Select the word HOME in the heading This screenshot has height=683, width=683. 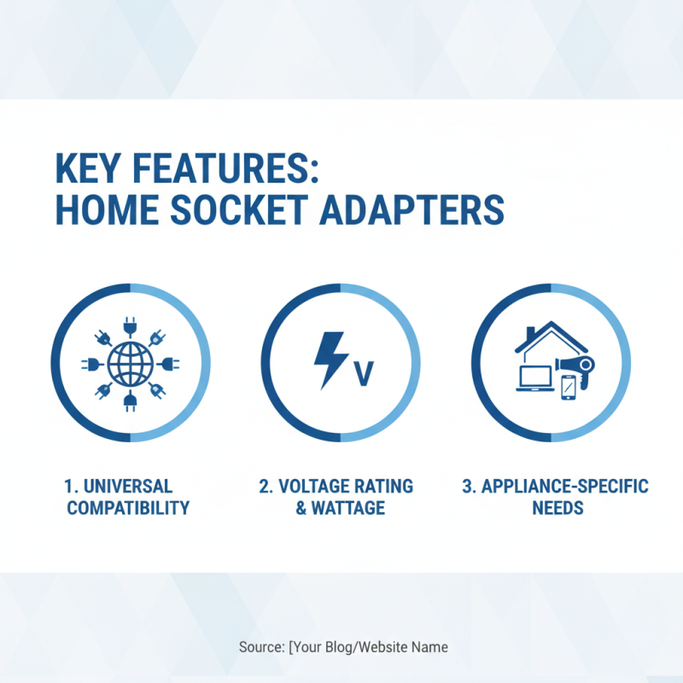tap(105, 211)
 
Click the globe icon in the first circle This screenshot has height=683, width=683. tap(131, 364)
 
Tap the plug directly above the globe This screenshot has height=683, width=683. tap(131, 325)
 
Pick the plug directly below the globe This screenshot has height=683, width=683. tap(131, 401)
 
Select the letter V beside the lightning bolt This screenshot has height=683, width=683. tap(364, 374)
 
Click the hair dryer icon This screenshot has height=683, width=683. tap(579, 367)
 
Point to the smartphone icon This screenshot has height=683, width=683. tap(569, 389)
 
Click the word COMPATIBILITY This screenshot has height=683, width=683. tap(128, 509)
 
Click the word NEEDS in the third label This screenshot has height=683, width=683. tap(557, 509)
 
